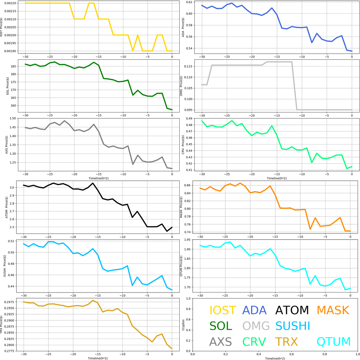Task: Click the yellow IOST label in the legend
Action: pyautogui.click(x=223, y=310)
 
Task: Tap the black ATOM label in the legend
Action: pyautogui.click(x=292, y=310)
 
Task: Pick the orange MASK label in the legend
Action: pyautogui.click(x=333, y=310)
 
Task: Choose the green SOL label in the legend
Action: pyautogui.click(x=221, y=326)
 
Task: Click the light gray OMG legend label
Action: pyautogui.click(x=256, y=326)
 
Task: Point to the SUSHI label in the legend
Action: pyautogui.click(x=292, y=326)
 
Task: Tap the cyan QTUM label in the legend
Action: pyautogui.click(x=334, y=341)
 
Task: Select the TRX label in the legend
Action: pyautogui.click(x=286, y=341)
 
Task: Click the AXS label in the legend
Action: pyautogui.click(x=220, y=341)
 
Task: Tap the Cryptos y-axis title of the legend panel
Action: pyautogui.click(x=183, y=324)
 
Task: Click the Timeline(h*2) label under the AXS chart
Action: pyautogui.click(x=99, y=179)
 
